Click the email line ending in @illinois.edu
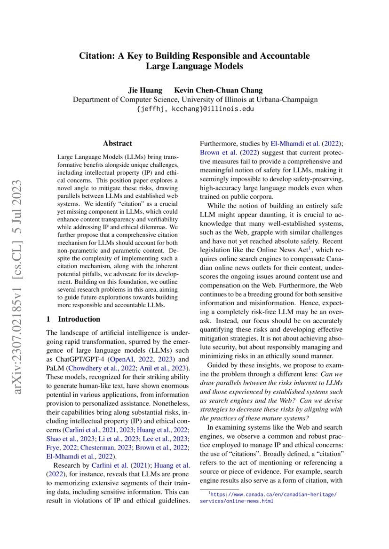(x=194, y=108)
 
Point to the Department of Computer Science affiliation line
(x=194, y=99)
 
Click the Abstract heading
(x=118, y=144)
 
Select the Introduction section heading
(x=73, y=319)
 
